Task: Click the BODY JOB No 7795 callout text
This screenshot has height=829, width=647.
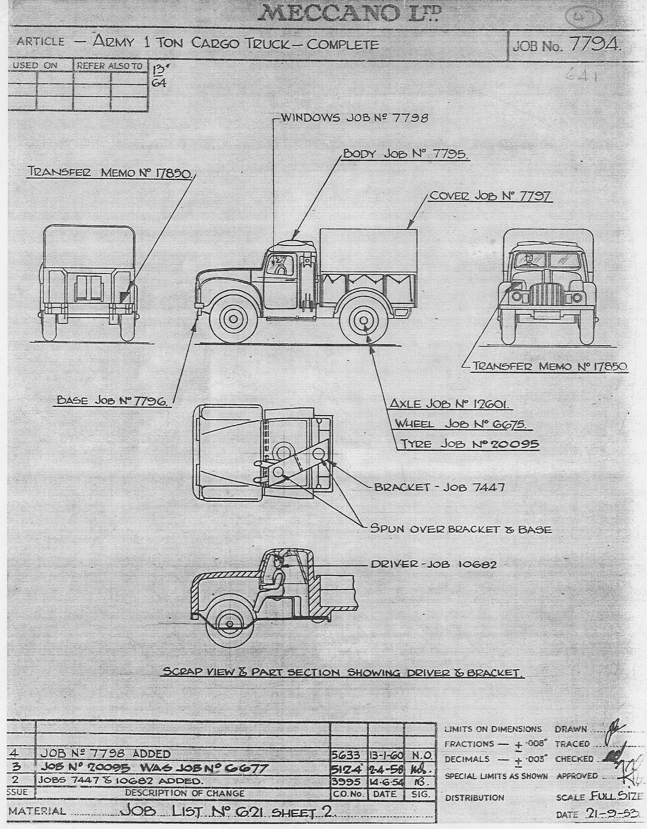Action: tap(406, 154)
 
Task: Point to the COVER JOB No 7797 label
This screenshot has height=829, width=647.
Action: tap(491, 196)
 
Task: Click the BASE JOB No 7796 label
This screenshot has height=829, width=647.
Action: tap(113, 401)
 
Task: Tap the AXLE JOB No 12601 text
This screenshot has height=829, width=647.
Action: tap(451, 404)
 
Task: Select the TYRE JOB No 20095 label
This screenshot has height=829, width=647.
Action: tap(470, 444)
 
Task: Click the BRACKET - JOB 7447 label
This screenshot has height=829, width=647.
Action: tap(439, 487)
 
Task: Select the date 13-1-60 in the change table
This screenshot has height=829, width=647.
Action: tap(386, 754)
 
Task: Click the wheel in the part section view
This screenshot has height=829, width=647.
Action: tap(229, 623)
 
